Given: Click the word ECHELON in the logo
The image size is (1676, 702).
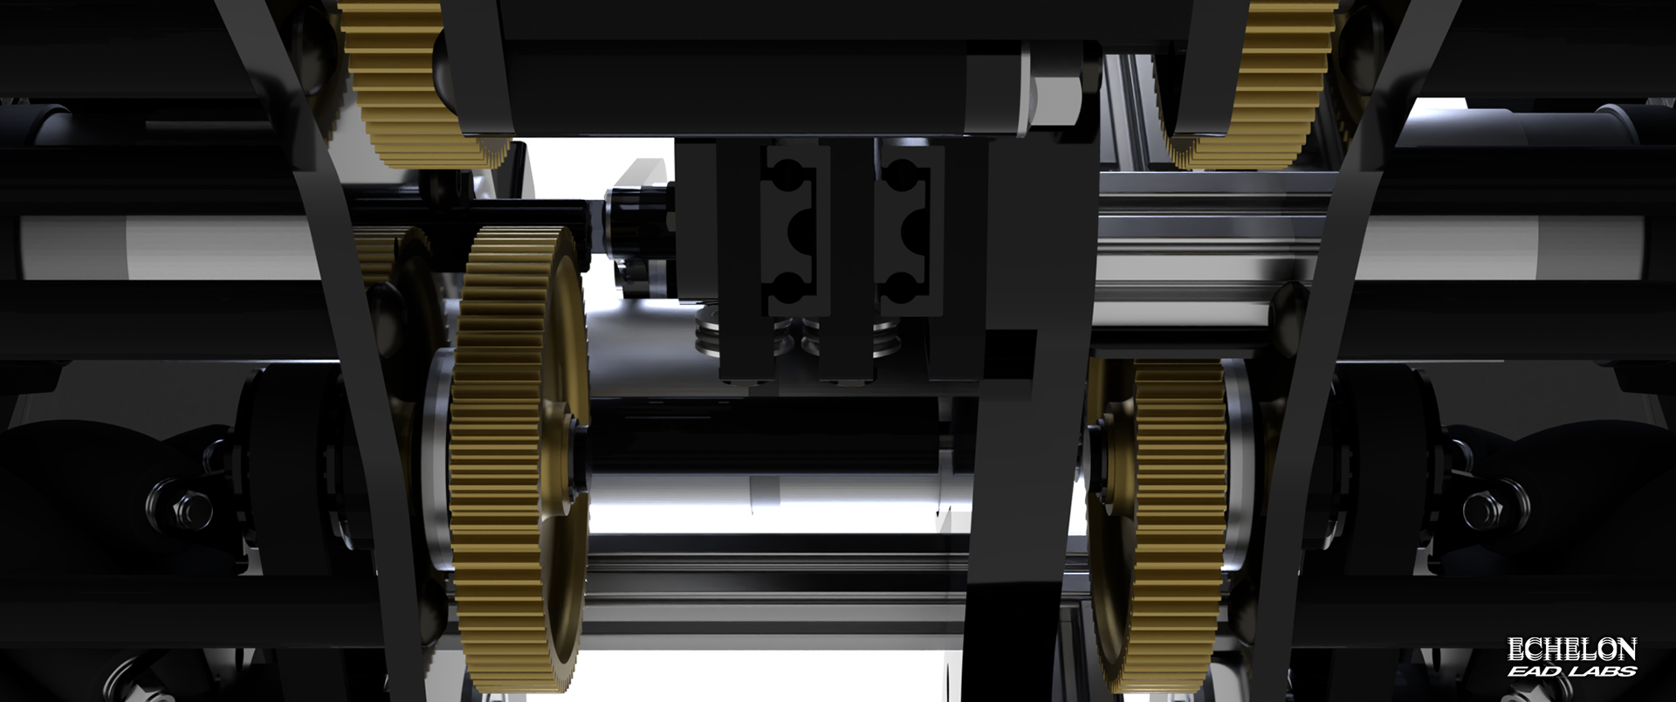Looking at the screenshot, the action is point(1571,649).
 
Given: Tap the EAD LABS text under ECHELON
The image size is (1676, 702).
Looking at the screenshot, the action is point(1571,671).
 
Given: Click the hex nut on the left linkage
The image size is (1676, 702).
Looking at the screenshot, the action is point(189,506).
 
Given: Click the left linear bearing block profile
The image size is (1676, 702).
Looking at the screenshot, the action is point(790,231).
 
